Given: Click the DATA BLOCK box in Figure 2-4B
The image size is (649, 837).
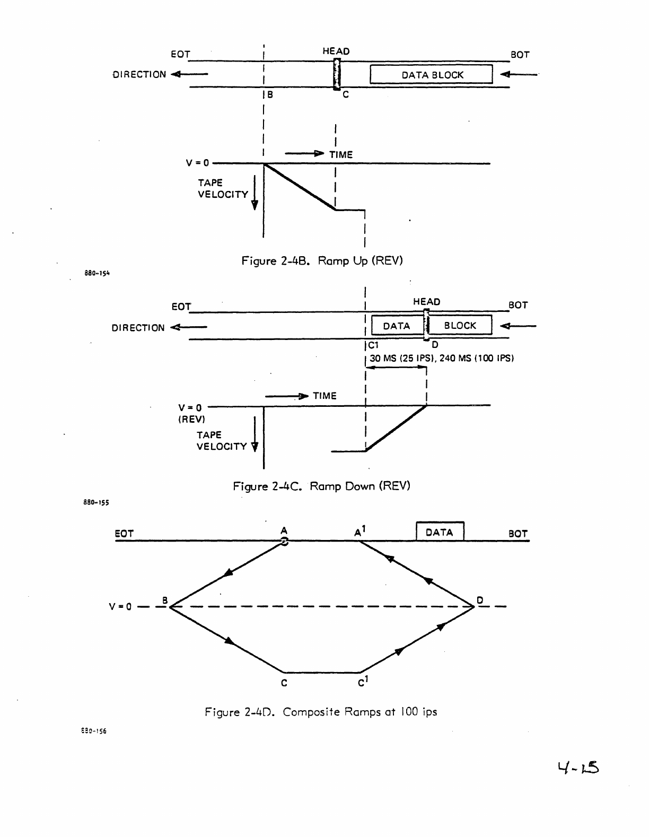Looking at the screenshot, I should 431,75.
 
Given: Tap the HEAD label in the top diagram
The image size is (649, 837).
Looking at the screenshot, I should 336,51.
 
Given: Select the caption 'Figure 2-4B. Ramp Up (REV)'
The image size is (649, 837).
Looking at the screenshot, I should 322,261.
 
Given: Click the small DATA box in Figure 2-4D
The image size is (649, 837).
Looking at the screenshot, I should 440,532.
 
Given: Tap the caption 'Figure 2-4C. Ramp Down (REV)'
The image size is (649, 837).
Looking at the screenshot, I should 321,486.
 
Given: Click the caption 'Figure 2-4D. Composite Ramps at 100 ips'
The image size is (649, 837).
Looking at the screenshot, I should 321,712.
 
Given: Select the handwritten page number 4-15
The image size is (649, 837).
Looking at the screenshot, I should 578,767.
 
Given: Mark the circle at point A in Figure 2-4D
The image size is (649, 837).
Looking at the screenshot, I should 284,542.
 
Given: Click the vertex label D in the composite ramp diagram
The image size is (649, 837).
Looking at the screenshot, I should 479,600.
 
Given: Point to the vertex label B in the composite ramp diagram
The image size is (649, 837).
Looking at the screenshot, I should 165,600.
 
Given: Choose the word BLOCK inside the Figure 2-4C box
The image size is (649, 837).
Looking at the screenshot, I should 460,326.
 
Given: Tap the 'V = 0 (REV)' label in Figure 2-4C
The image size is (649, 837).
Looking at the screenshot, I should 190,413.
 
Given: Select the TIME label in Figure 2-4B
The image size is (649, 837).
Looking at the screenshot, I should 340,154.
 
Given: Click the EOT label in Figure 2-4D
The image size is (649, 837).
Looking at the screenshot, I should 124,534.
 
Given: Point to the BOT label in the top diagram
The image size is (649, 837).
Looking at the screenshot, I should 520,55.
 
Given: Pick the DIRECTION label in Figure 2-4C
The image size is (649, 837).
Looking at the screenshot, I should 138,328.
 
